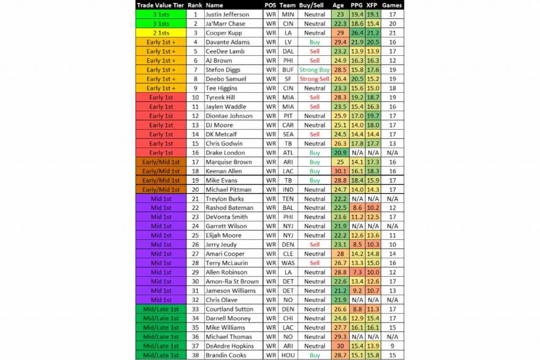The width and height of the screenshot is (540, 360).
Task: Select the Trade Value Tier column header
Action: [161, 5]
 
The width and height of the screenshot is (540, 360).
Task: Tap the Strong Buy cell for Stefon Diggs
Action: [314, 70]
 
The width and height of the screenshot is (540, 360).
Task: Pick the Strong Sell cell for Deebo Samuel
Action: [314, 79]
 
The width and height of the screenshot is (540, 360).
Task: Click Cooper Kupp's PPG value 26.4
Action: [356, 33]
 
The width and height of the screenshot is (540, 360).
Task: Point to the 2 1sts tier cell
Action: [161, 33]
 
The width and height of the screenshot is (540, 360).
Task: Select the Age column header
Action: [339, 5]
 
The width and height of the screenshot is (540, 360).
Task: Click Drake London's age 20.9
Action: [339, 153]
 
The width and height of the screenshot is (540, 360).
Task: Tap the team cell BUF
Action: [287, 70]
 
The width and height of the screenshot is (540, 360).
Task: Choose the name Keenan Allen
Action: [225, 171]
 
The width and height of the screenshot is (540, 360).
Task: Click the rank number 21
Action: [195, 199]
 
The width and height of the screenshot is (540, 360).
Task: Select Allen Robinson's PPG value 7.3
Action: [356, 273]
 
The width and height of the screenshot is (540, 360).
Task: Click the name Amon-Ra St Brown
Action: [233, 281]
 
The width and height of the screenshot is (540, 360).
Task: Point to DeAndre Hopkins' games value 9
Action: [392, 346]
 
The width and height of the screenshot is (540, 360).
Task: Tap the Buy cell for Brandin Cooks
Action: [314, 355]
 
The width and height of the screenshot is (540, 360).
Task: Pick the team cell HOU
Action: [287, 355]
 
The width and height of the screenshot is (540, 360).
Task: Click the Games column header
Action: [392, 5]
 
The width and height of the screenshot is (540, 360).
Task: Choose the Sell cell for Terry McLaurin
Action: [314, 263]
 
